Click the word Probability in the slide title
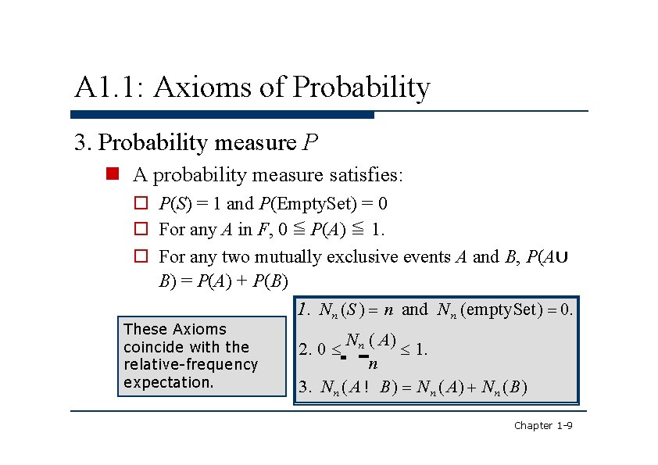[x=361, y=88]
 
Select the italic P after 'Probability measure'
[x=310, y=143]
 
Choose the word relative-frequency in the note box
[x=190, y=364]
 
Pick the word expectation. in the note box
[x=168, y=382]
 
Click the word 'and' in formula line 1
[x=414, y=309]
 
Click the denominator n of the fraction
[x=373, y=363]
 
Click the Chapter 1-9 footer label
[x=543, y=425]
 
